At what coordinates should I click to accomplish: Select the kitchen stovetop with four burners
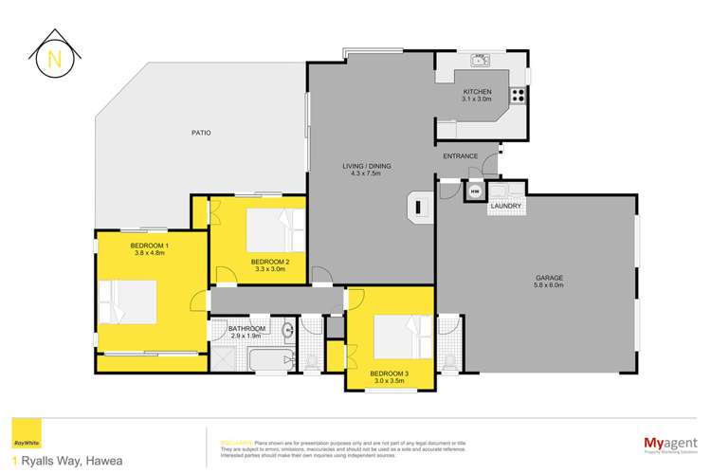coord(518,95)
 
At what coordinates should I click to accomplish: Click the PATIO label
coord(199,132)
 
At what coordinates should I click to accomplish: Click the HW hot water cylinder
coord(475,192)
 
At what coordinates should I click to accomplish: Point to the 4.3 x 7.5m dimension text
coord(366,174)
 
